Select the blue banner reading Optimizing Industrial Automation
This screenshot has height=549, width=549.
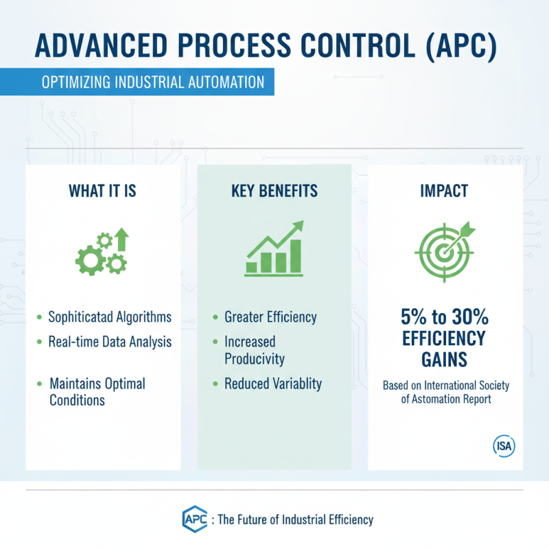[x=152, y=82]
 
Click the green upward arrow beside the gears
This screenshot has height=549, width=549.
[x=122, y=240]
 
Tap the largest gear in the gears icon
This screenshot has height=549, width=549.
[x=89, y=257]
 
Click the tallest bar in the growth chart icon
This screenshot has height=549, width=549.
[x=296, y=255]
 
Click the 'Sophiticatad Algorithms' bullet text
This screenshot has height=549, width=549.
[x=110, y=317]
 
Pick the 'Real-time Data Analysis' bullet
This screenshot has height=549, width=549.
[x=110, y=341]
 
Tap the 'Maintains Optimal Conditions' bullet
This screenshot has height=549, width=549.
[x=97, y=391]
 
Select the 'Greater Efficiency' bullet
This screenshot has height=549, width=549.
[x=270, y=317]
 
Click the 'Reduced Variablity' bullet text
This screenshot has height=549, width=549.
[x=272, y=384]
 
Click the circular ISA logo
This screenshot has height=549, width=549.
[x=504, y=445]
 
